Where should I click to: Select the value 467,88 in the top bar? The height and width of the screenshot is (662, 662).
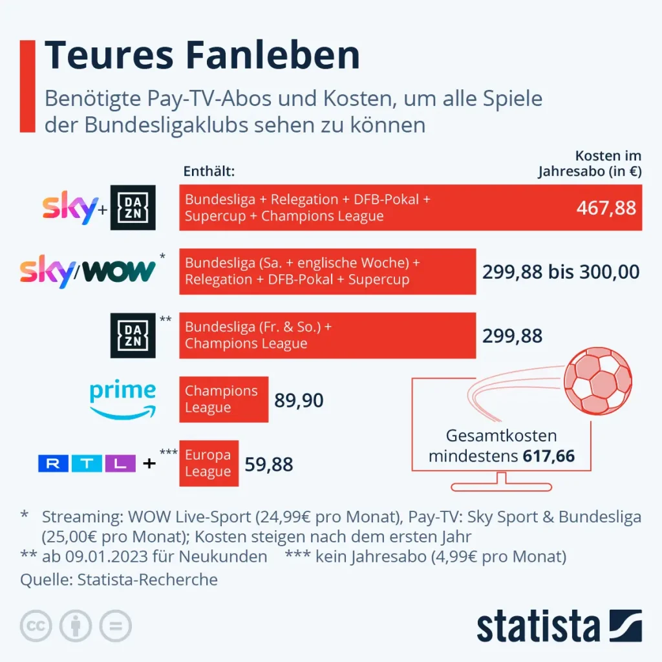(x=606, y=208)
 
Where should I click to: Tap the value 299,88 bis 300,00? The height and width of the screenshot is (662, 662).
(x=561, y=272)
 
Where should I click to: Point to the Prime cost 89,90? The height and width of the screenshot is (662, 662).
(x=299, y=400)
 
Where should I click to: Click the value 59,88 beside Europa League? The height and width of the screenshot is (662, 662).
(x=269, y=464)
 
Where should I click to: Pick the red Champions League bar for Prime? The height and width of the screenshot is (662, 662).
(x=223, y=400)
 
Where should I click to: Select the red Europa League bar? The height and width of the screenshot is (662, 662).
(x=208, y=464)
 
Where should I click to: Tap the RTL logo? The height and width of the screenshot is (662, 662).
(x=87, y=464)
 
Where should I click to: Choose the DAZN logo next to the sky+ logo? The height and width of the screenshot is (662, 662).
(x=133, y=208)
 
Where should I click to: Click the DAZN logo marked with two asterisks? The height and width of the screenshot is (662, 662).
(x=133, y=336)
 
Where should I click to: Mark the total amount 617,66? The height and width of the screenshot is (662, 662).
(x=548, y=456)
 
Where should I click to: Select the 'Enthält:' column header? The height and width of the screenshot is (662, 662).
(x=209, y=172)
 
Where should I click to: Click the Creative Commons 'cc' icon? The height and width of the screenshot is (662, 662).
(x=36, y=626)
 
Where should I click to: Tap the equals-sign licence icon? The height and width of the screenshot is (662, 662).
(x=115, y=626)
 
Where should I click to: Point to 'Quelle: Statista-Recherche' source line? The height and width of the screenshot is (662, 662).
(x=119, y=579)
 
